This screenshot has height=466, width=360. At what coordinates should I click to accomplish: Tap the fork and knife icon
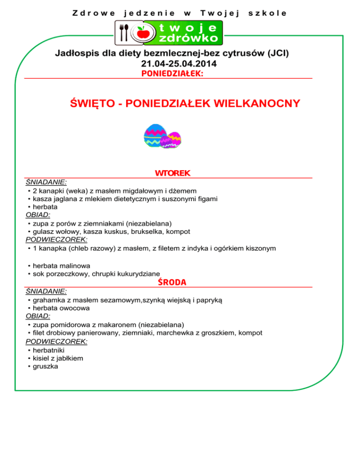coord(124,32)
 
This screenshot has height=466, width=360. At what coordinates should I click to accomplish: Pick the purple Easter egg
coord(171,139)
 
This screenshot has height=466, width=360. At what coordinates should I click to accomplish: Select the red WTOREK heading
coord(172,173)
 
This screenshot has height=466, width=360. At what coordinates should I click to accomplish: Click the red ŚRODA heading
coord(172,282)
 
